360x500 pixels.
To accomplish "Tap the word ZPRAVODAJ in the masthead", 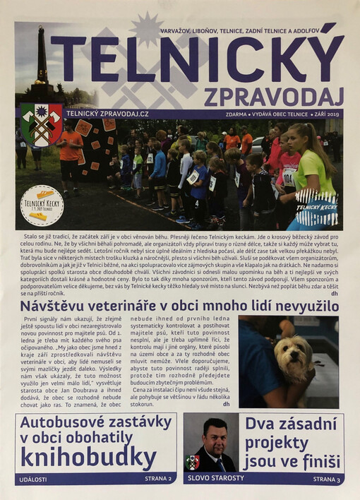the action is pyautogui.click(x=275, y=95).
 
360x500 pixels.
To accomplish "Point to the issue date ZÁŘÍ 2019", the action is pyautogui.click(x=327, y=114).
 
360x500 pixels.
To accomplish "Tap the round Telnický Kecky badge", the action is pyautogui.click(x=42, y=204).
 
